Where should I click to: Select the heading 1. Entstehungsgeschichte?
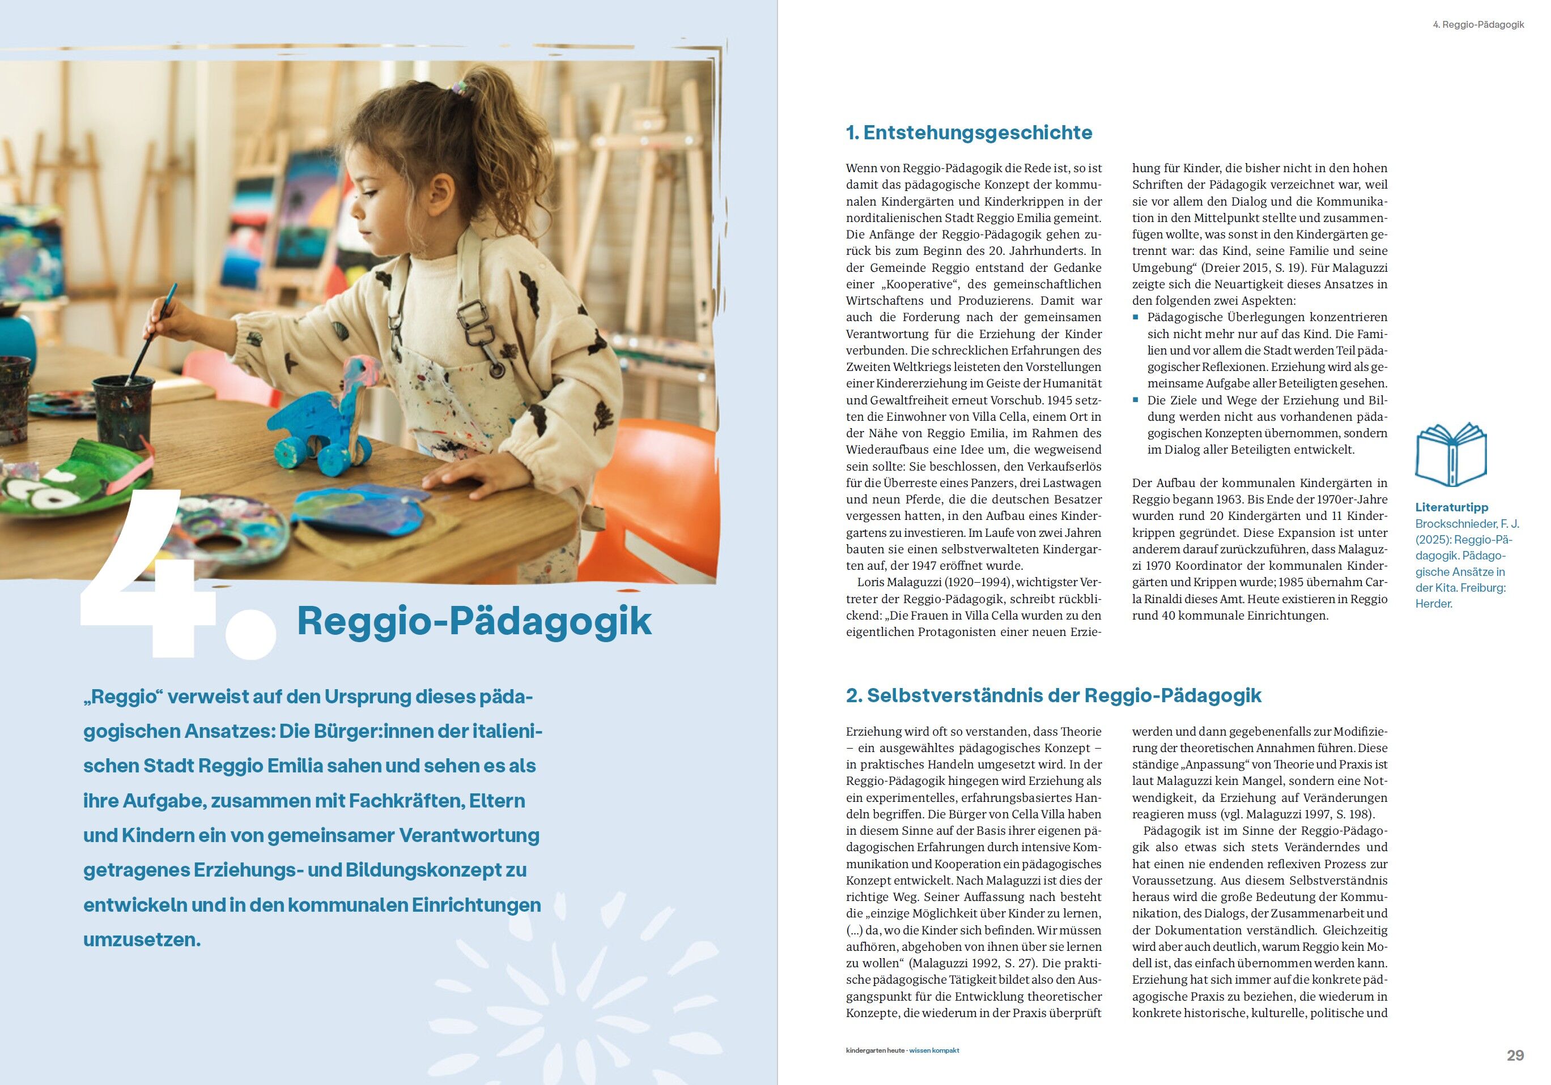tap(968, 133)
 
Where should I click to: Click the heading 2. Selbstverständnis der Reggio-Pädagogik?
tap(1053, 695)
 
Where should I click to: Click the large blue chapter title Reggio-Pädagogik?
tap(474, 621)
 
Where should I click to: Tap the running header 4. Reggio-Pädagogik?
tap(1477, 24)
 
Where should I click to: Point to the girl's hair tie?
tap(460, 87)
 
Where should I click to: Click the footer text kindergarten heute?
tap(876, 1050)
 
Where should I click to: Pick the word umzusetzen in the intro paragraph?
tap(142, 939)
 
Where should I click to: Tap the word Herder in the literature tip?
tap(1433, 604)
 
